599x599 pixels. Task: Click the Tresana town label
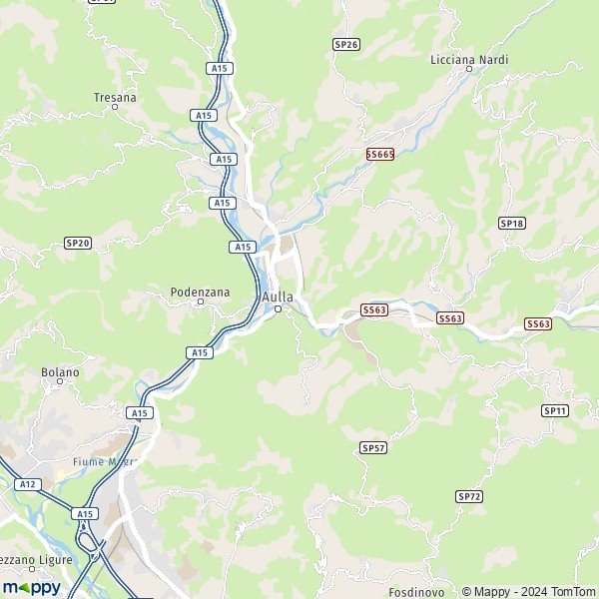click(x=115, y=97)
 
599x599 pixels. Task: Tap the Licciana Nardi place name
click(x=469, y=60)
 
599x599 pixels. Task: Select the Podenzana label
click(x=200, y=292)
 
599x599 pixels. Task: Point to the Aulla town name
click(x=278, y=297)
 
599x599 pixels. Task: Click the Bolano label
click(x=60, y=372)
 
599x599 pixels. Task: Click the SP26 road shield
click(x=345, y=45)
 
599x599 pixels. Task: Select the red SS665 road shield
click(x=379, y=154)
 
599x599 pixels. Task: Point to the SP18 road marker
click(x=511, y=223)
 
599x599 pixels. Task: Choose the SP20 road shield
click(x=77, y=243)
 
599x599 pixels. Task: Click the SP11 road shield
click(x=555, y=410)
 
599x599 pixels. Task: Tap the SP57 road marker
click(x=373, y=448)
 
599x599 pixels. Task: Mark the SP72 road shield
click(x=468, y=496)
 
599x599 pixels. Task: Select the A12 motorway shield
click(x=27, y=484)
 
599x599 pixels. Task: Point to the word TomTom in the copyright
click(x=574, y=591)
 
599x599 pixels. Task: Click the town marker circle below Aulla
click(x=279, y=308)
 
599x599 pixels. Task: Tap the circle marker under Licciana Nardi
click(x=469, y=70)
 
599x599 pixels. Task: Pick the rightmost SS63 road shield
click(x=537, y=323)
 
